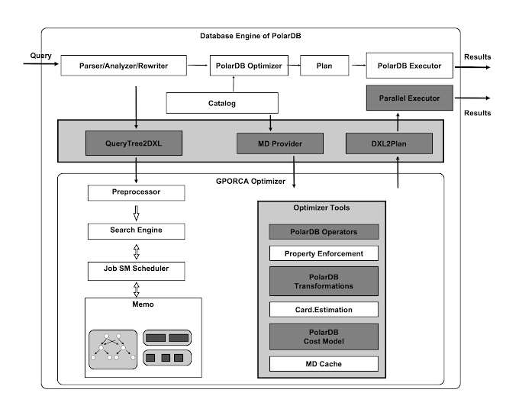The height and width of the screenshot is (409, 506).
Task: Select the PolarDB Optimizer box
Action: coord(247,66)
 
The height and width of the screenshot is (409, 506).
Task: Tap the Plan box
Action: coord(324,66)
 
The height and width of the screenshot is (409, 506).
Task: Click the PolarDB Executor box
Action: coord(409,66)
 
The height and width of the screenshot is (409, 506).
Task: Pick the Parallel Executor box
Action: coord(409,98)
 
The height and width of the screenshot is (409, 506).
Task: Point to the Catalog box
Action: coord(221,102)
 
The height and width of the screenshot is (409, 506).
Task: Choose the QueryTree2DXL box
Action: coord(134,143)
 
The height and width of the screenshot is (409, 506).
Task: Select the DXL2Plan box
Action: coord(389,143)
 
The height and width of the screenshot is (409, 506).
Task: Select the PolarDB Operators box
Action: coord(324,232)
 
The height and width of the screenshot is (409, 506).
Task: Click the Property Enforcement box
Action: coord(324,254)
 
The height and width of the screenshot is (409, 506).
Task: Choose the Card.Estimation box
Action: coord(324,310)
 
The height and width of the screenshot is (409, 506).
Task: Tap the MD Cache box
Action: coord(324,364)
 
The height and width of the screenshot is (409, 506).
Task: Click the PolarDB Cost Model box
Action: coord(324,337)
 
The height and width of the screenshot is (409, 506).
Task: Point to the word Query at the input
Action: coord(40,56)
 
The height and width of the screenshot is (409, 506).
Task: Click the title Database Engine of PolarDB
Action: coord(250,36)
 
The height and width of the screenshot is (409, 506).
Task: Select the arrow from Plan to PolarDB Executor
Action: coord(356,66)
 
